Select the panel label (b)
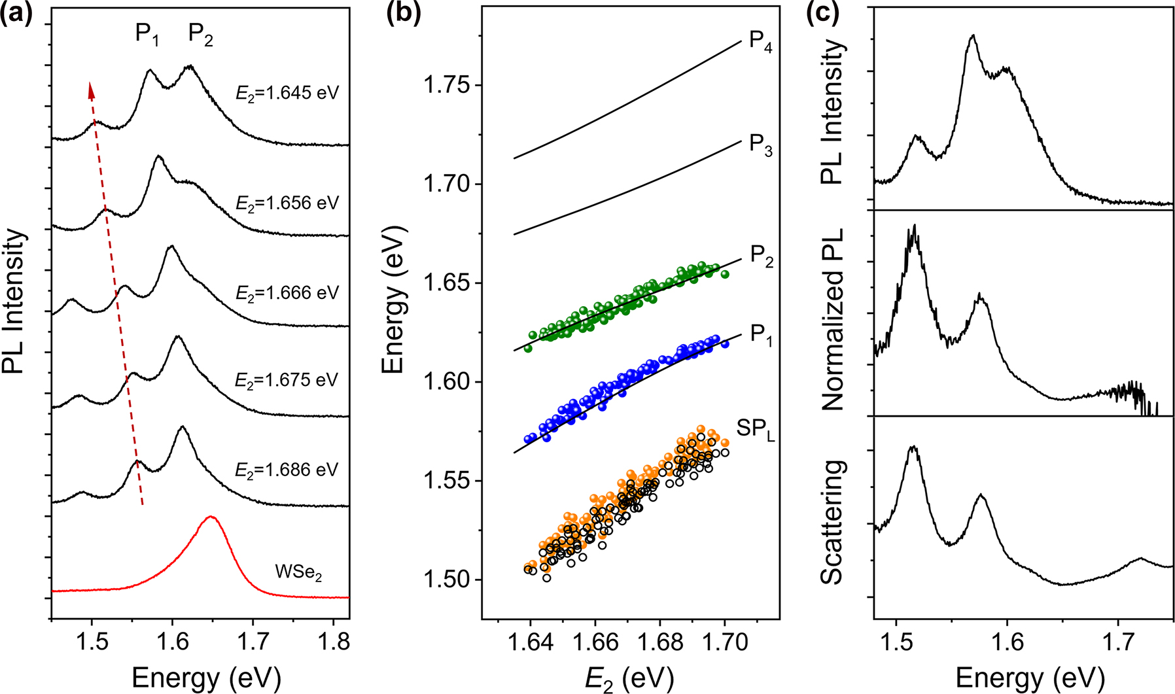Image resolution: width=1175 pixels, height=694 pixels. click(x=403, y=12)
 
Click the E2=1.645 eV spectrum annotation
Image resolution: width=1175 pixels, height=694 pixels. click(x=287, y=93)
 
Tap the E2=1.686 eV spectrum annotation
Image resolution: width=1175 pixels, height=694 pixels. click(x=287, y=470)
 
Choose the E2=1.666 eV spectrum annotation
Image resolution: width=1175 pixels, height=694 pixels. click(x=287, y=292)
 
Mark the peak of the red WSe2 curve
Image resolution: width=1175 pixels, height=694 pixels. click(x=211, y=517)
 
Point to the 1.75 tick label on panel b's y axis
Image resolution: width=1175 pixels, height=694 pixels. click(x=448, y=86)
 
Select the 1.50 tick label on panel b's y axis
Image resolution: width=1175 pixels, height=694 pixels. click(x=448, y=580)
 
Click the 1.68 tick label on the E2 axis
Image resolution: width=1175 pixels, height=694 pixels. click(x=659, y=642)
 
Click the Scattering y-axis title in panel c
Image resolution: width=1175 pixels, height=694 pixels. click(x=832, y=522)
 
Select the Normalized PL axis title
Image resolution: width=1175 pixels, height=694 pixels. click(x=832, y=319)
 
